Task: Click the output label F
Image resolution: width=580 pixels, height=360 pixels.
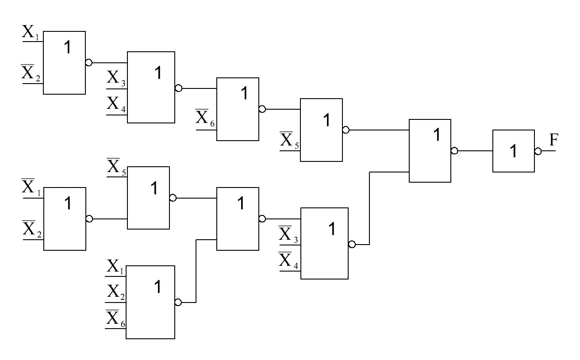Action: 554,141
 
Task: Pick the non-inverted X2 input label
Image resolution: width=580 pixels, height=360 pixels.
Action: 116,292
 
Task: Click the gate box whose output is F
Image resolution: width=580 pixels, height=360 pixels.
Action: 513,151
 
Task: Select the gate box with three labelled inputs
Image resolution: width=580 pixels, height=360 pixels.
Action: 150,302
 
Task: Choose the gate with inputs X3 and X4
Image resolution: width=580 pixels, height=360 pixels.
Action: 151,87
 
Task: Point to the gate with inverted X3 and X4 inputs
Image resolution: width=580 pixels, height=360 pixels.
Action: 324,243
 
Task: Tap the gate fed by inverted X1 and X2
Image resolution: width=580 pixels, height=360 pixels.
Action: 65,218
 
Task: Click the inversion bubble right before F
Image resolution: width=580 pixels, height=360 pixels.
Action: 538,151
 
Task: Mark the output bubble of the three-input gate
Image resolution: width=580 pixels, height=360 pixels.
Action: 178,303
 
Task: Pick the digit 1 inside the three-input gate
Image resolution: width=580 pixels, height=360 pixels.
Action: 157,287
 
